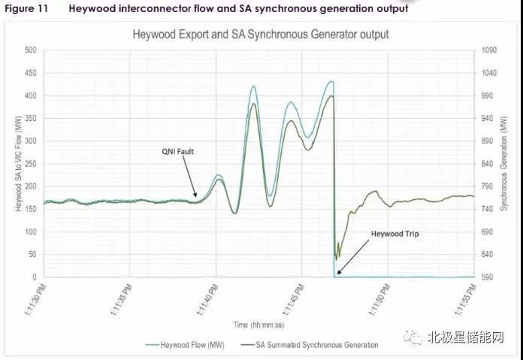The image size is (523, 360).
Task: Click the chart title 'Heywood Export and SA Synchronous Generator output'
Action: tap(260, 34)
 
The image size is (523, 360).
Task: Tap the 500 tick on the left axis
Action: tap(30, 50)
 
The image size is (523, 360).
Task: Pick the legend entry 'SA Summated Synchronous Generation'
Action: tap(316, 345)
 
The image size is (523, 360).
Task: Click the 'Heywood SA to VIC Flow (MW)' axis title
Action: tap(15, 164)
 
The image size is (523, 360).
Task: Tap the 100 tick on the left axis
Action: tap(30, 232)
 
